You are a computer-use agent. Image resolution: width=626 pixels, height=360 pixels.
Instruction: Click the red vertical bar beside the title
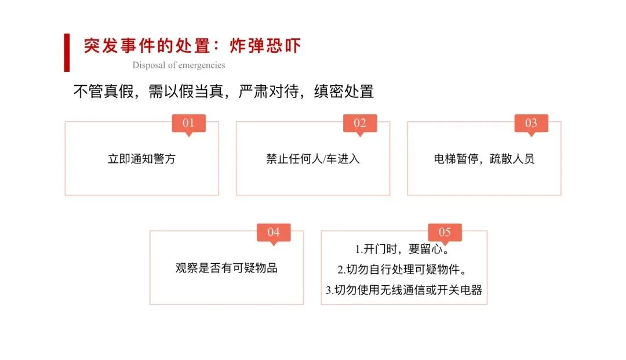coord(67,53)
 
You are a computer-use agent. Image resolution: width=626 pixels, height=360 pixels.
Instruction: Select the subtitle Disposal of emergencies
coord(179,65)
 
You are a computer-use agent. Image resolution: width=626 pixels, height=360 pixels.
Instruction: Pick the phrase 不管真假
coord(103,91)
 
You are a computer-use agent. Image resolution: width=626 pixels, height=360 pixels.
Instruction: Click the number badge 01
coord(188,123)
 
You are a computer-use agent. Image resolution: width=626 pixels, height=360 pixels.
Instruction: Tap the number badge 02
coord(360,123)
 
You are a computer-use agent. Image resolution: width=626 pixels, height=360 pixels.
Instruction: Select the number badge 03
coord(531,123)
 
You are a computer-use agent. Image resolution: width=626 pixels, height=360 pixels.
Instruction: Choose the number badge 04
coord(274,232)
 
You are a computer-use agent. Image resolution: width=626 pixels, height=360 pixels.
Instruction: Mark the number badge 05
coord(445,232)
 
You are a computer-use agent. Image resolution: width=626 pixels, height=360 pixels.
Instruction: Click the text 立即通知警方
coord(141,159)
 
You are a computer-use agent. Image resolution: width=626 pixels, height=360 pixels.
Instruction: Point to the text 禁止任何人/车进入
coord(313,159)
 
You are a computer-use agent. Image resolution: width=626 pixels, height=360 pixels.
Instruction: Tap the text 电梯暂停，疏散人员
coord(484,159)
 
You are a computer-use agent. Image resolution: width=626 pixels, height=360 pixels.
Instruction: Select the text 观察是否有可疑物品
coord(227,268)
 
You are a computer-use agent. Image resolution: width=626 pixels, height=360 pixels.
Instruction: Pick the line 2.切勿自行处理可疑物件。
coord(402,270)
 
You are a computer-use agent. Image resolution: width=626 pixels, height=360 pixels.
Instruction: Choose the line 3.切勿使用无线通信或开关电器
coord(404,290)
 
